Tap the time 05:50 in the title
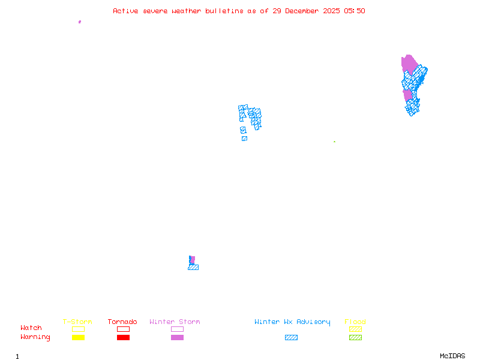354,11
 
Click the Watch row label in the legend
31,328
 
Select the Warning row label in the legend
35,337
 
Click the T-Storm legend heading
77,322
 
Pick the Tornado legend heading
122,322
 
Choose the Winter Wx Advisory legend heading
292,322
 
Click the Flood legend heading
355,322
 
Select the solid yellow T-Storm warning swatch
78,338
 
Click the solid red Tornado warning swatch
123,338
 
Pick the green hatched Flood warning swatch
355,338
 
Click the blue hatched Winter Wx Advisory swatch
291,338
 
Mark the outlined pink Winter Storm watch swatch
177,329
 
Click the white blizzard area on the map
248,128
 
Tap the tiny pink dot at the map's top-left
79,22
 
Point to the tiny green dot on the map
334,142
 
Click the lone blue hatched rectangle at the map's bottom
193,267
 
